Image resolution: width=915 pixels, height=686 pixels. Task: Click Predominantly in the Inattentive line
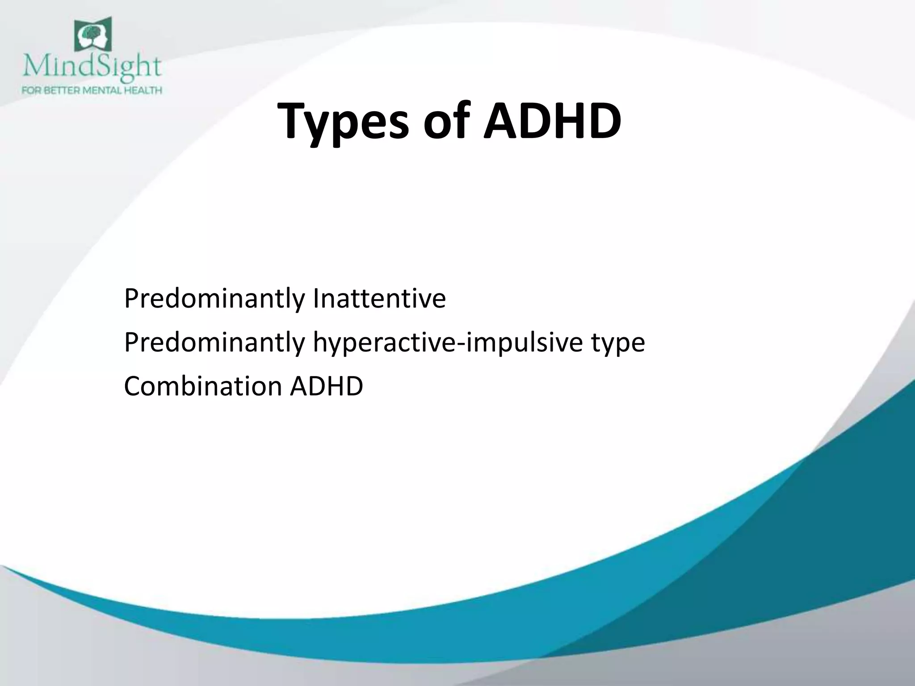click(x=214, y=299)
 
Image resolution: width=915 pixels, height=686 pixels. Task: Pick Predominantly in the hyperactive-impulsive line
click(x=214, y=343)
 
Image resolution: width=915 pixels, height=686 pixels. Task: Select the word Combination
click(x=203, y=386)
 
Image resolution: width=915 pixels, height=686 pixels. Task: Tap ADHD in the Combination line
click(x=326, y=386)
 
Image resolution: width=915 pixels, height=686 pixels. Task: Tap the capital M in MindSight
click(x=34, y=67)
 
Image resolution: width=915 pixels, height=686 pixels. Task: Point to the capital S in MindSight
click(x=102, y=67)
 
